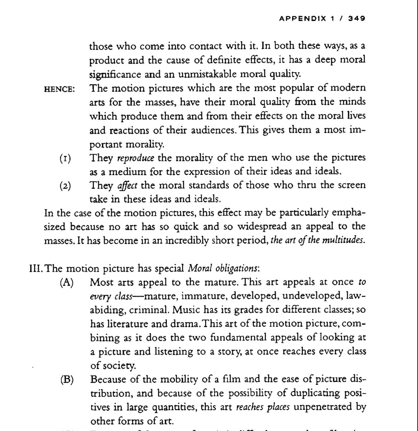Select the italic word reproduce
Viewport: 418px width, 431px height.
136,158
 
